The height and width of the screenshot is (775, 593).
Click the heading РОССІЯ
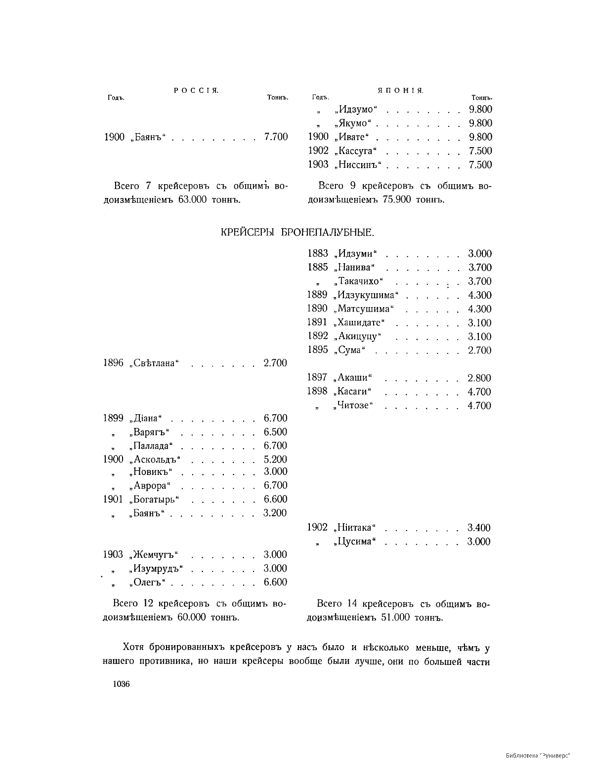coord(196,90)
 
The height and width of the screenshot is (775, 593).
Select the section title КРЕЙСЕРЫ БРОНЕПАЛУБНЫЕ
coord(297,232)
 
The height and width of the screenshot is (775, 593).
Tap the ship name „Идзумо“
coord(355,109)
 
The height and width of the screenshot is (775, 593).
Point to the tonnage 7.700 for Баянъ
coord(276,137)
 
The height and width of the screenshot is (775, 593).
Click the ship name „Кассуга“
coord(355,151)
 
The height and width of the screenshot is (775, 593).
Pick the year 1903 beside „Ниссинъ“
coord(318,164)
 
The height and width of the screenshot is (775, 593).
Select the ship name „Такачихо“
coord(359,281)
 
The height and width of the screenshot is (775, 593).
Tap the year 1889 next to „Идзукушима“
coord(317,295)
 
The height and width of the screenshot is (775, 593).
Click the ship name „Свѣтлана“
coord(155,363)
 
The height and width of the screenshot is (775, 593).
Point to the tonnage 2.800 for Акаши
coord(479,378)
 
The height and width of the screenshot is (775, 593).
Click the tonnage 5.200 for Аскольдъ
coord(275,460)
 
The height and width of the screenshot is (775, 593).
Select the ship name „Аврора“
coord(150,486)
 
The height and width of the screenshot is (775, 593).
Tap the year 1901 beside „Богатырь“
coord(113,499)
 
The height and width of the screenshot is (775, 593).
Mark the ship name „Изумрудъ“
coord(156,568)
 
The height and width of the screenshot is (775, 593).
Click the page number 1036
coord(121,684)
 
